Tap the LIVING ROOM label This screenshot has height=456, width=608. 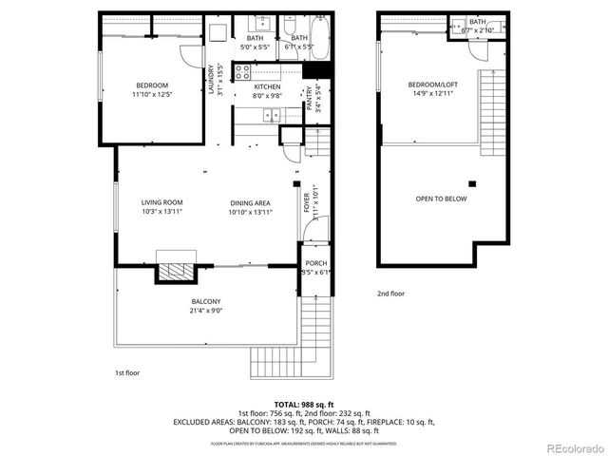161,202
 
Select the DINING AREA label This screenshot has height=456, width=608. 250,202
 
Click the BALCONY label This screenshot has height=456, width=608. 207,301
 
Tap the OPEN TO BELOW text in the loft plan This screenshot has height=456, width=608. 441,199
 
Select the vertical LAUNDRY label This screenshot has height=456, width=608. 211,76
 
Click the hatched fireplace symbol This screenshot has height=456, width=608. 175,270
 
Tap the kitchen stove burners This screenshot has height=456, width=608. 244,69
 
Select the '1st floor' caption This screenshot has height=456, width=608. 126,373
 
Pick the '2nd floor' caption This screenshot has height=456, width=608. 390,294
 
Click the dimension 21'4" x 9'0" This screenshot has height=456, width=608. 207,311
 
